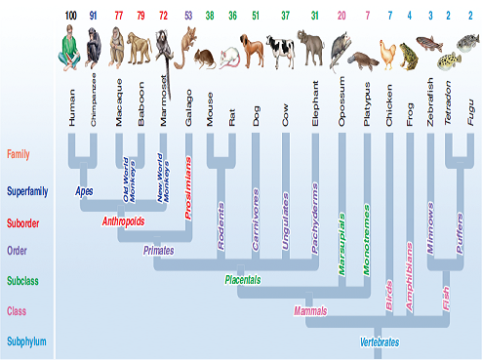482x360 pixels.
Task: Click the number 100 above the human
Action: pos(70,15)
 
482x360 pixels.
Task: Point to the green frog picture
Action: pos(410,56)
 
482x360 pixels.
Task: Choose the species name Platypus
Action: pos(368,104)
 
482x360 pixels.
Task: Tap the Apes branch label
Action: pos(85,190)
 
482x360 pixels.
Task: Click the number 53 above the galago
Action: pos(187,15)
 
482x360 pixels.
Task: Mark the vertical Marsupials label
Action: pos(341,235)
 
